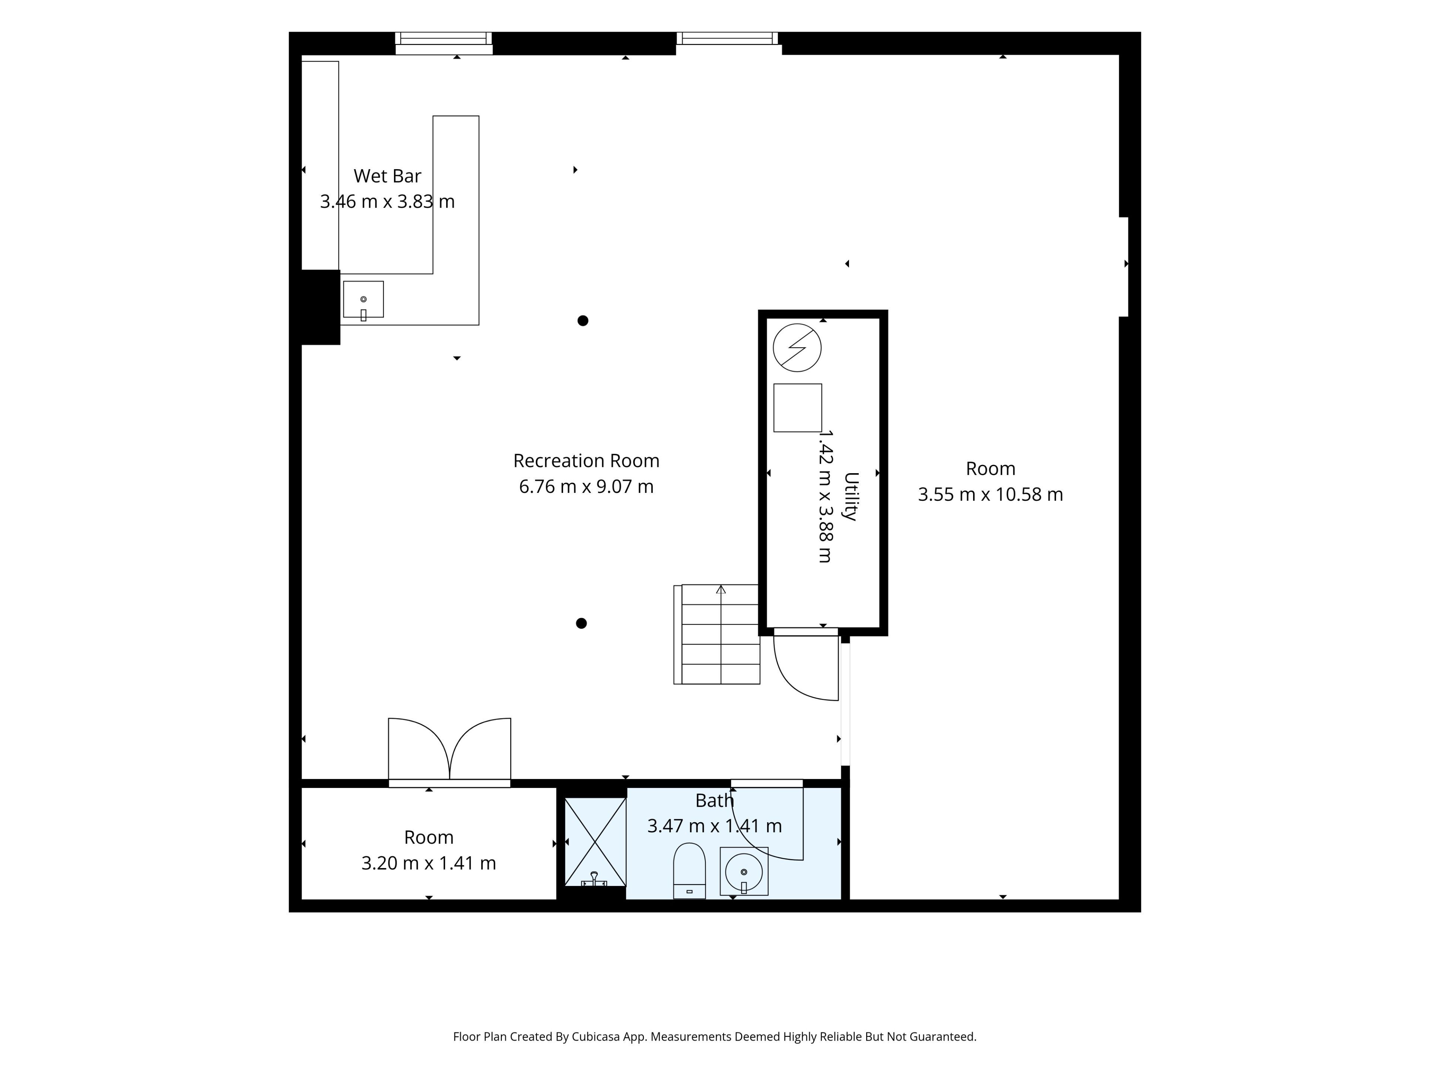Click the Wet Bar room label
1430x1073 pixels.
387,176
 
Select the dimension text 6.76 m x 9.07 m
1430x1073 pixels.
587,486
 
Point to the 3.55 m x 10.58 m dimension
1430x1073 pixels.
991,494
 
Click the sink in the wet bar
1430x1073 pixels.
363,300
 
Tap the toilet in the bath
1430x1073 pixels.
689,871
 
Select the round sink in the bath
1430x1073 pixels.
744,871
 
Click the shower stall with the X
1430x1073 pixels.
595,842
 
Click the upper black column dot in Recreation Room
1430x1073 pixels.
582,321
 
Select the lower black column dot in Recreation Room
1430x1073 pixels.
581,623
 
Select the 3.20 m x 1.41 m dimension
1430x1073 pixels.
429,864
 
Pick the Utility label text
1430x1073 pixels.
851,497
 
